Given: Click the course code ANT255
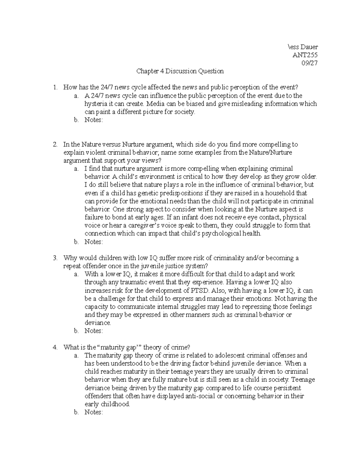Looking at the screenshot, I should (305, 55).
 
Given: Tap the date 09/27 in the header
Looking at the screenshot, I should (310, 63).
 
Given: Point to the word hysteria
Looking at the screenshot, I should (95, 104).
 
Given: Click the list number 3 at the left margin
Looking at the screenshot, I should (55, 258).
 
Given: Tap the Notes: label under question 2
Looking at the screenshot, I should (94, 242).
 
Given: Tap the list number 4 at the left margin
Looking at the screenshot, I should (55, 347).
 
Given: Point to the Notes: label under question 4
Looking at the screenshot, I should (94, 412).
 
